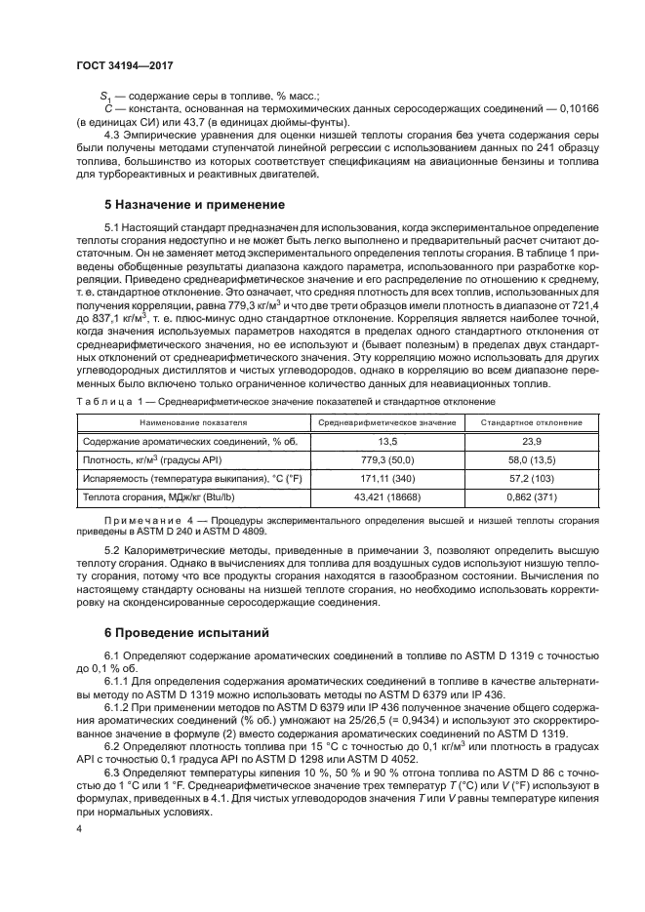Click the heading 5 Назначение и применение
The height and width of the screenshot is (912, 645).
click(194, 206)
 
